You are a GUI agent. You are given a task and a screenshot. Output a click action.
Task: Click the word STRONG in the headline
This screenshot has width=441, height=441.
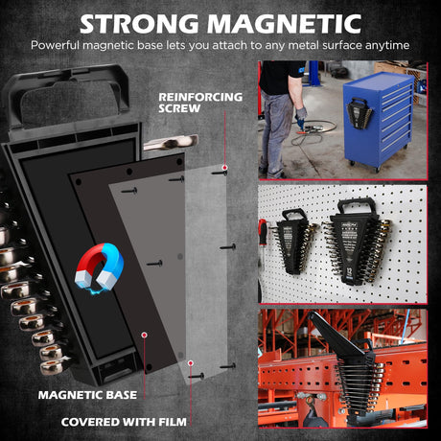tap(139, 24)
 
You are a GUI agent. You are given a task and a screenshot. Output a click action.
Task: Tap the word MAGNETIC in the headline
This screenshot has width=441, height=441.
tap(285, 24)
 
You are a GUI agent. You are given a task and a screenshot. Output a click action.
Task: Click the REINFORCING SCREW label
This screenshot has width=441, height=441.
tap(200, 103)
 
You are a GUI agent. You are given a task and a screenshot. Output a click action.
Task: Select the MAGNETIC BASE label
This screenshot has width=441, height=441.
tap(87, 395)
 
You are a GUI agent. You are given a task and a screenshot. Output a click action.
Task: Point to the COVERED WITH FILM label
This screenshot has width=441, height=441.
tap(124, 422)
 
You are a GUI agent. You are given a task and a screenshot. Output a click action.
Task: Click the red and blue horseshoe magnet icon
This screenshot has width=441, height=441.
tap(99, 267)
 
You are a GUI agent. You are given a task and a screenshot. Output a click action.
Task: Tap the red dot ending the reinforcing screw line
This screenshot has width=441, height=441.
tap(225, 168)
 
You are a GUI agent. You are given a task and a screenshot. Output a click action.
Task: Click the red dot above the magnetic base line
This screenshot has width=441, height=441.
tap(145, 335)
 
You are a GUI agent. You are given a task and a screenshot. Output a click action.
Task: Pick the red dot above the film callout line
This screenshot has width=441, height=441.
tap(191, 363)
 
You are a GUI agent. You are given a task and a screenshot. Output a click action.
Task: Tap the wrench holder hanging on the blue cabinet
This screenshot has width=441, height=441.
tap(360, 113)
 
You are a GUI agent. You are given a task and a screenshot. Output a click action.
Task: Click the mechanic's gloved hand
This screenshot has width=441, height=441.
tap(301, 117)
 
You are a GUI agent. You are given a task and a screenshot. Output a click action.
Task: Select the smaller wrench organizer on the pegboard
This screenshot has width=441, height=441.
tap(294, 242)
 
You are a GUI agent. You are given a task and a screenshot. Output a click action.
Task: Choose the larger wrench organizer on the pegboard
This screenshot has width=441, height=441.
tap(358, 242)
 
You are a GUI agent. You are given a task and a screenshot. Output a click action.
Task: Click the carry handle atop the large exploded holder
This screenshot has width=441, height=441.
tap(65, 96)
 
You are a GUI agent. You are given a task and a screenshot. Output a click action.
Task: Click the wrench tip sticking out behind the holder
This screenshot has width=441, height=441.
tap(171, 142)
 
